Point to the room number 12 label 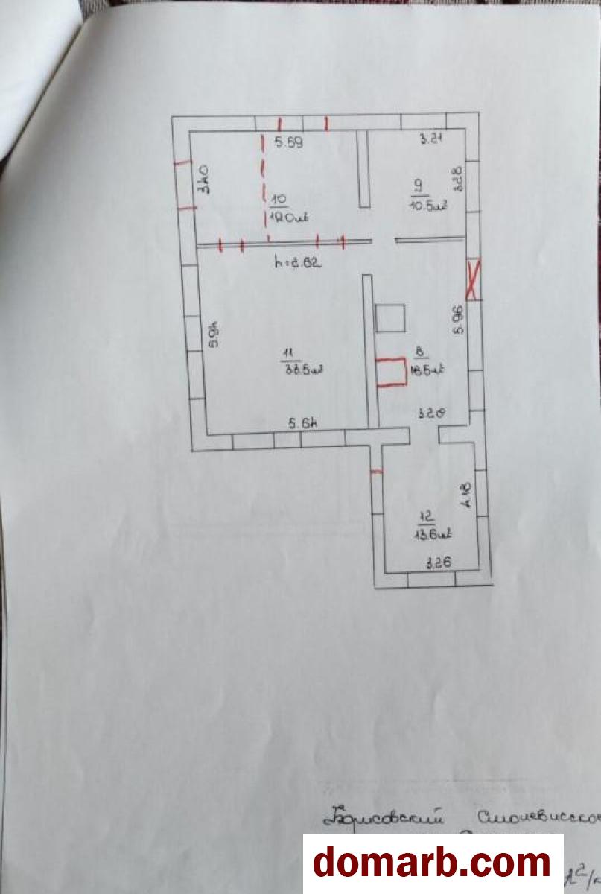[427, 516]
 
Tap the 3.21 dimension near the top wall [427, 138]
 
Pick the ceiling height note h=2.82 [297, 261]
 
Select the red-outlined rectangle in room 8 [391, 372]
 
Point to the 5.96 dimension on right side [459, 318]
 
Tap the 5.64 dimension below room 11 [303, 424]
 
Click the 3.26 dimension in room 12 [439, 563]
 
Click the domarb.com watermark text [432, 863]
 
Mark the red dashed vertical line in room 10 [263, 186]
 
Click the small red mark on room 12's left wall [377, 472]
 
